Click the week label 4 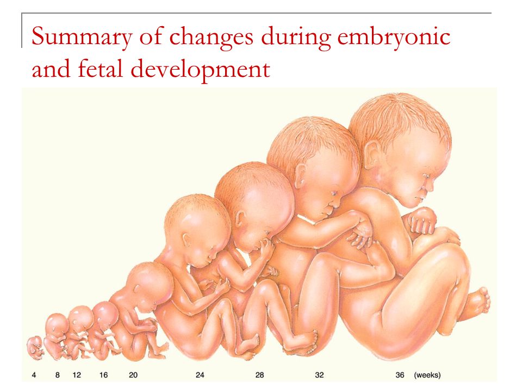tap(34, 375)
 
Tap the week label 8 tap(57, 375)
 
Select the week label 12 tap(77, 375)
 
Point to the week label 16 tap(103, 375)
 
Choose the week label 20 tap(133, 375)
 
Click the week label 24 tap(200, 375)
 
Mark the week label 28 tap(260, 375)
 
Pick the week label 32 tap(319, 375)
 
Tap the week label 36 tap(400, 375)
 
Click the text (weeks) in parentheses tap(427, 375)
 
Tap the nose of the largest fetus tap(430, 185)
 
